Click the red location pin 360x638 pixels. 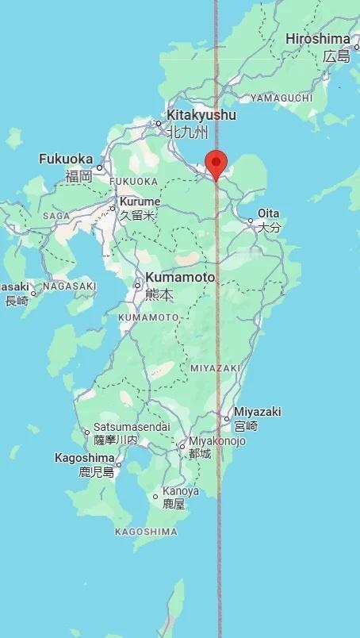coord(216,164)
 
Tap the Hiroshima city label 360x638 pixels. coord(317,39)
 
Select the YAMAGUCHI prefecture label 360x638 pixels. coord(281,98)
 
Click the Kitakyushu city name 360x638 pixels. coord(201,115)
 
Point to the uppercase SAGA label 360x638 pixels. coord(56,215)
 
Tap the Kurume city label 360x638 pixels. coord(140,202)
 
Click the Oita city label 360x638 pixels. coord(269,213)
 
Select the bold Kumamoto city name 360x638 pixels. coord(180,278)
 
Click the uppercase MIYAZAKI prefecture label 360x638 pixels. coord(215,368)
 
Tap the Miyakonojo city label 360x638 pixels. coord(217,441)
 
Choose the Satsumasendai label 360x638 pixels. coord(132,426)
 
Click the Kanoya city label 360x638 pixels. coord(181,491)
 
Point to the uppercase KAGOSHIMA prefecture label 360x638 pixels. coord(146,531)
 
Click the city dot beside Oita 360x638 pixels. coord(251,221)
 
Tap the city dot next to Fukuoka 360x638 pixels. coord(100,167)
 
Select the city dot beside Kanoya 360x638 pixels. coord(155,497)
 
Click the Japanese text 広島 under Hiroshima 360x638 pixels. coord(336,56)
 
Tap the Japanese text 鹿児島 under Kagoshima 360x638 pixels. coord(97,472)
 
